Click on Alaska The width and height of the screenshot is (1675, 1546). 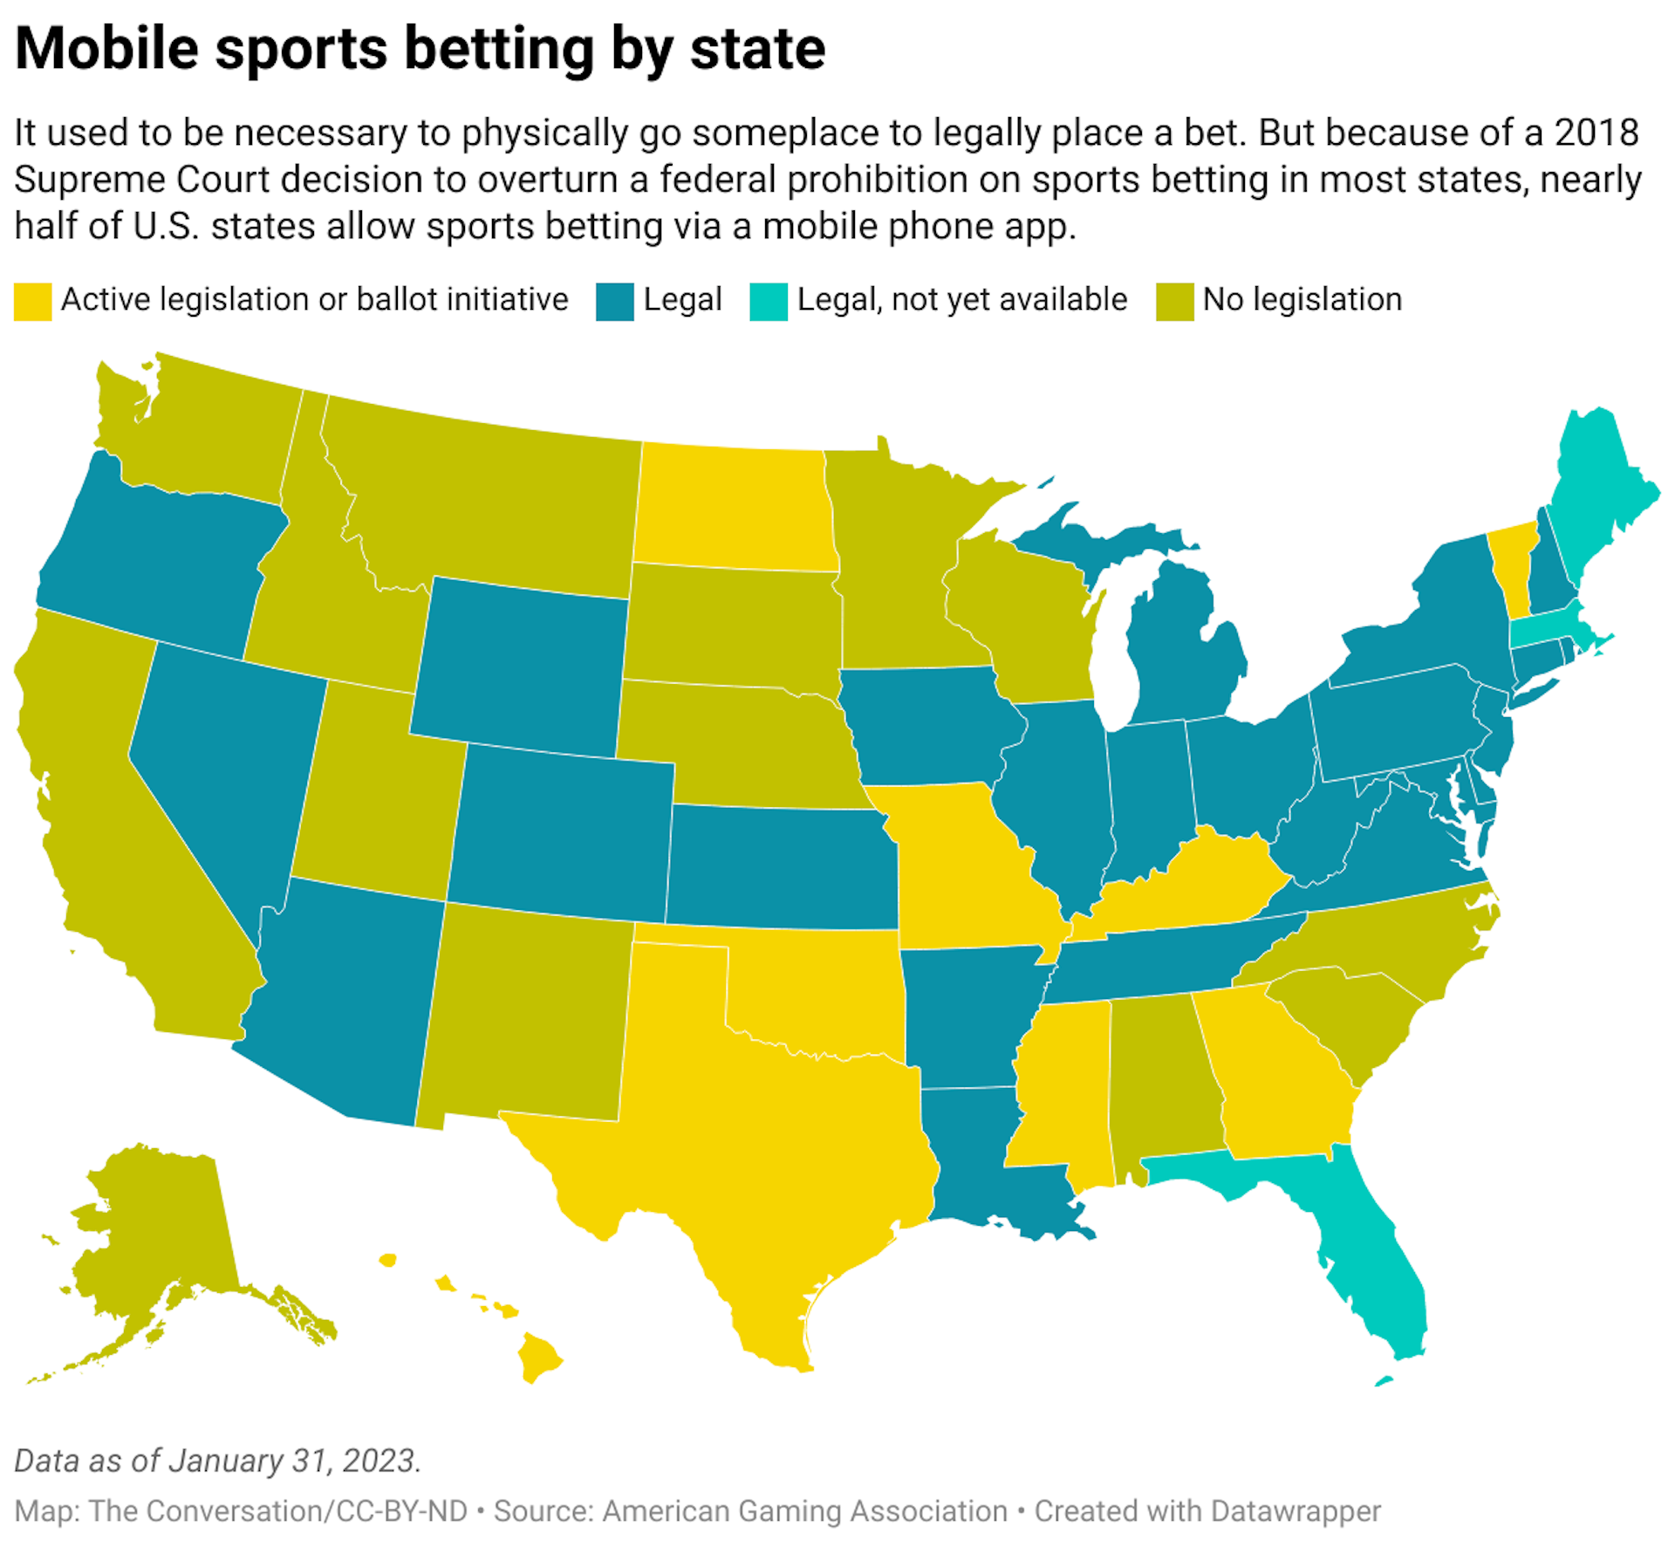coord(157,1239)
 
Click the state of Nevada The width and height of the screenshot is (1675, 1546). coord(222,768)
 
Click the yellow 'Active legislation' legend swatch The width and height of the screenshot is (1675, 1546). coord(32,302)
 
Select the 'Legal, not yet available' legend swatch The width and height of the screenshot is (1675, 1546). coord(768,302)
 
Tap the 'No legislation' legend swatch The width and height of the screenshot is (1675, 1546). coord(1174,302)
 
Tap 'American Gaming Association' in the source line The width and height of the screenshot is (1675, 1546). coord(804,1510)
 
